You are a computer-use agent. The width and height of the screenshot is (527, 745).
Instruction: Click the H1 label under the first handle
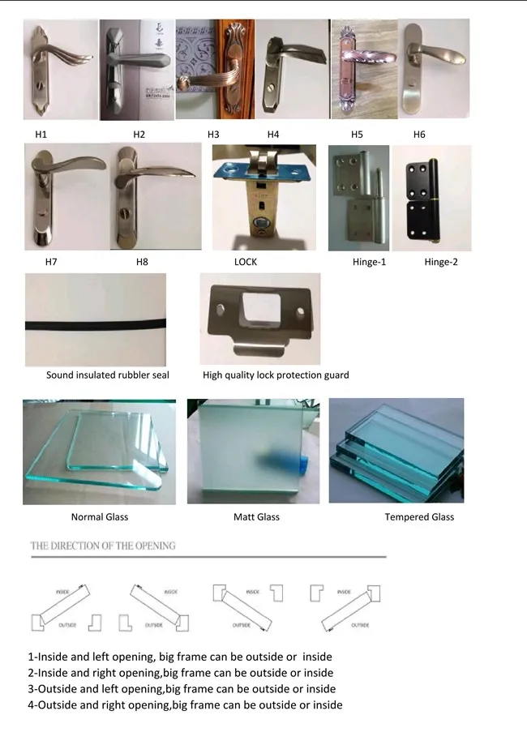coord(41,135)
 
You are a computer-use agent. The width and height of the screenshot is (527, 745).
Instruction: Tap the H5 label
coord(357,135)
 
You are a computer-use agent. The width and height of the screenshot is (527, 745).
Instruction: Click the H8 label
coord(142,263)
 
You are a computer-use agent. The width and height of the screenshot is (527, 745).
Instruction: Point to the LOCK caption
coord(245,263)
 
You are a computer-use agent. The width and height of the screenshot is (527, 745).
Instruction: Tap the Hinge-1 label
coord(369,263)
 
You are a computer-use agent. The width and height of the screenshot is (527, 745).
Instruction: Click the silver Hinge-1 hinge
coord(358,199)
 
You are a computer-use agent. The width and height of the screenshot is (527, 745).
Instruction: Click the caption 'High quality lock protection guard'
coord(276,375)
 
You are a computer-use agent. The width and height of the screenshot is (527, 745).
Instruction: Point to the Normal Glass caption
coord(100,517)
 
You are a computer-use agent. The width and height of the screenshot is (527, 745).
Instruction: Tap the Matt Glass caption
coord(256,517)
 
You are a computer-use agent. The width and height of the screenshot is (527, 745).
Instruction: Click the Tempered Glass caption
coord(419,517)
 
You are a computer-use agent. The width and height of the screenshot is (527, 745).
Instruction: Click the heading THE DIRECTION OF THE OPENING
coord(103,546)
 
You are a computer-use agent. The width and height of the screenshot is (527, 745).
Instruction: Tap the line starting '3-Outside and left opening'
coord(182,689)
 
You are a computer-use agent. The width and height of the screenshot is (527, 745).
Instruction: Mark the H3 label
coord(213,135)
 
